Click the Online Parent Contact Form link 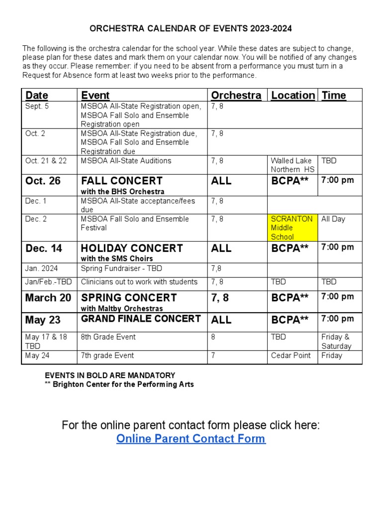(x=191, y=439)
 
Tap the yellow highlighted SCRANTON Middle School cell (x=292, y=228)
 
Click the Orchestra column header (x=236, y=95)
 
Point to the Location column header (x=292, y=95)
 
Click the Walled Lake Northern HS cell (x=292, y=165)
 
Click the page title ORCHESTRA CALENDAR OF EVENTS (x=191, y=29)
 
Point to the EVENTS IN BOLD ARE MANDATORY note (x=110, y=375)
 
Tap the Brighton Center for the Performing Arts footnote (x=119, y=384)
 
